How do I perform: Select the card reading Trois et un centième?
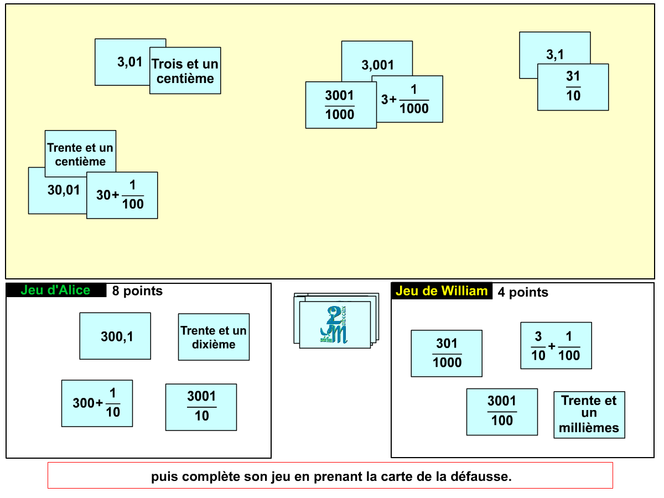[x=185, y=71]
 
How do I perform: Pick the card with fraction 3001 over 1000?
[x=340, y=105]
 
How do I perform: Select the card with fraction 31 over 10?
[x=573, y=87]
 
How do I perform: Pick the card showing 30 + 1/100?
[x=122, y=195]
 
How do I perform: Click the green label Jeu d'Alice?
[x=55, y=290]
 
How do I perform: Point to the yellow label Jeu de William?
[x=442, y=291]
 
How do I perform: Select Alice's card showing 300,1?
[x=115, y=336]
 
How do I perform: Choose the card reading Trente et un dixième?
[x=214, y=337]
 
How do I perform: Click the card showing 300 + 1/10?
[x=97, y=403]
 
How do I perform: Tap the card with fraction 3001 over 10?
[x=201, y=407]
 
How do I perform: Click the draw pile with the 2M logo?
[x=335, y=324]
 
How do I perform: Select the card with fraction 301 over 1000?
[x=447, y=353]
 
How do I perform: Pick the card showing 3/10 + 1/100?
[x=556, y=345]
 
